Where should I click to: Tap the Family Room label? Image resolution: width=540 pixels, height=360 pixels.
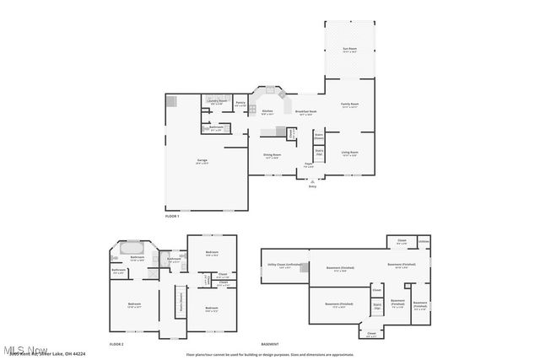tap(348, 105)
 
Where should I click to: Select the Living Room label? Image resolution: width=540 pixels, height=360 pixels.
tap(348, 153)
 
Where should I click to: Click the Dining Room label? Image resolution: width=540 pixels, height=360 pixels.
tap(272, 155)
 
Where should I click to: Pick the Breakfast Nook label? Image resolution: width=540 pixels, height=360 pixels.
tap(305, 111)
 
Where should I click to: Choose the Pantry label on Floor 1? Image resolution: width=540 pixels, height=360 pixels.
tap(240, 104)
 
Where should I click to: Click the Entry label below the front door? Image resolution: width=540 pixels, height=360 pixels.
tap(311, 185)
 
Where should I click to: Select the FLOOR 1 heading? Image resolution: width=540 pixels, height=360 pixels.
tap(172, 218)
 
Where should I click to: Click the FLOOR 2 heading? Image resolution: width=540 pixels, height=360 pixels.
tap(116, 344)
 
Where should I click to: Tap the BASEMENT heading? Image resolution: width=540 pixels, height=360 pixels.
tap(269, 344)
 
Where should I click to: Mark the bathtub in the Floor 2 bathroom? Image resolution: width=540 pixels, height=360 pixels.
tap(136, 250)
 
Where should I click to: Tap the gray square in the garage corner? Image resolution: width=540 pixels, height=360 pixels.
tap(171, 100)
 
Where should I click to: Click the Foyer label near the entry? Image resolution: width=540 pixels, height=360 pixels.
tap(309, 165)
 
